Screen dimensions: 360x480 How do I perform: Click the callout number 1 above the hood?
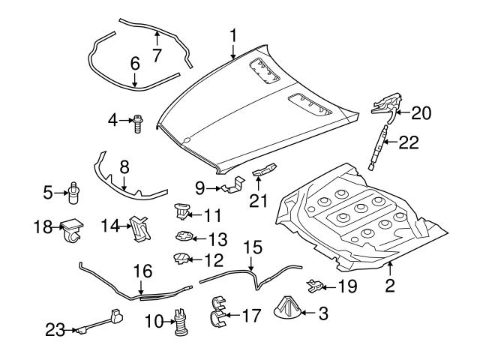pos(233,34)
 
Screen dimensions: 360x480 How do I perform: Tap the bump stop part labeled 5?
pos(73,193)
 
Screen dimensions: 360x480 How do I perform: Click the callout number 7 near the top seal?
pos(157,54)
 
